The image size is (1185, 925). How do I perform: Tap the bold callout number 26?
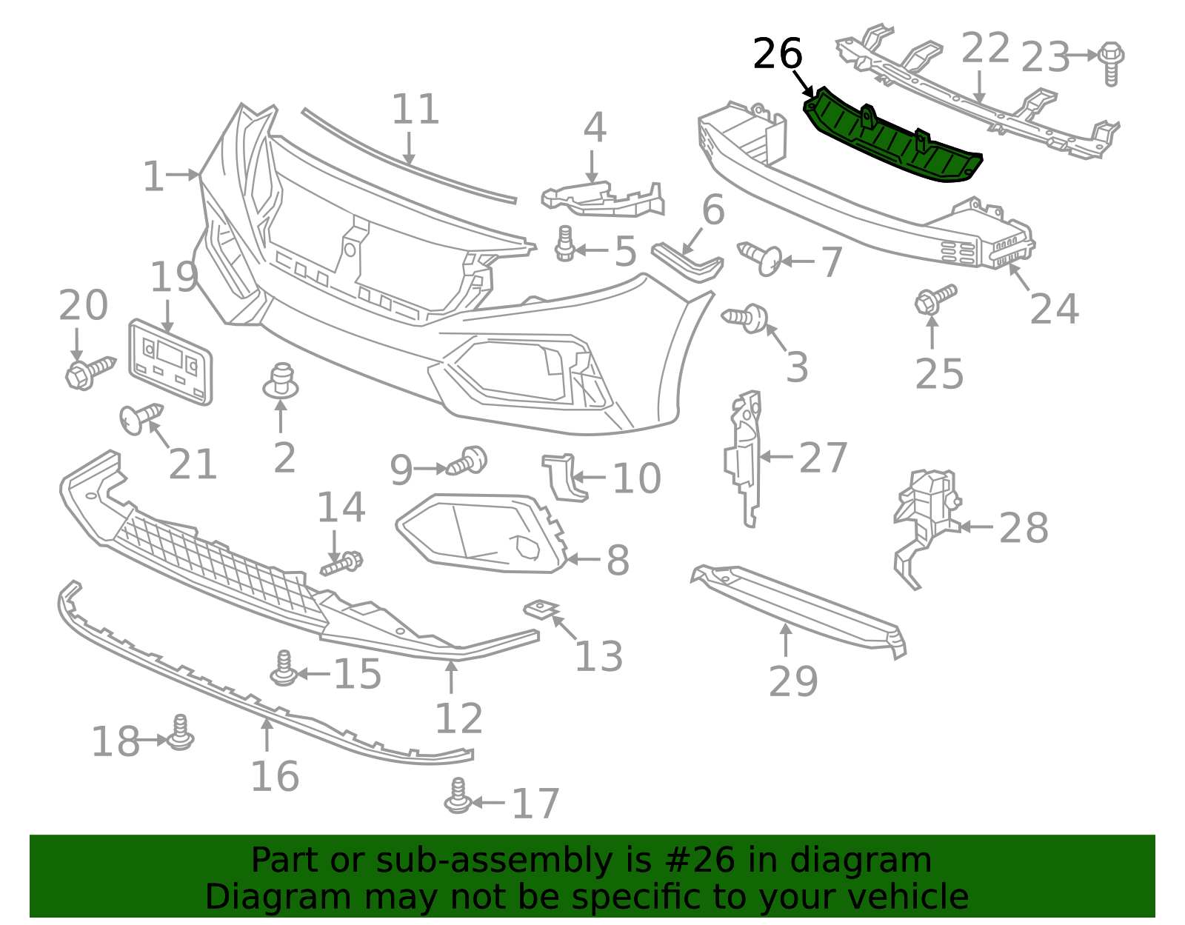click(777, 55)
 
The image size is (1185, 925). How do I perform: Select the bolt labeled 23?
click(1111, 62)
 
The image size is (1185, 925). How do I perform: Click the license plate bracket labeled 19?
click(170, 361)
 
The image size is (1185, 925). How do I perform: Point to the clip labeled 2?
click(281, 381)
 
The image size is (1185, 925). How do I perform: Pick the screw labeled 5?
click(566, 244)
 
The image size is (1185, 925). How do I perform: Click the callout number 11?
click(415, 110)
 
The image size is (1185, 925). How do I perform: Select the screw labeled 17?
click(458, 795)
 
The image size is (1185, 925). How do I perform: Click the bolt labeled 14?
click(342, 564)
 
